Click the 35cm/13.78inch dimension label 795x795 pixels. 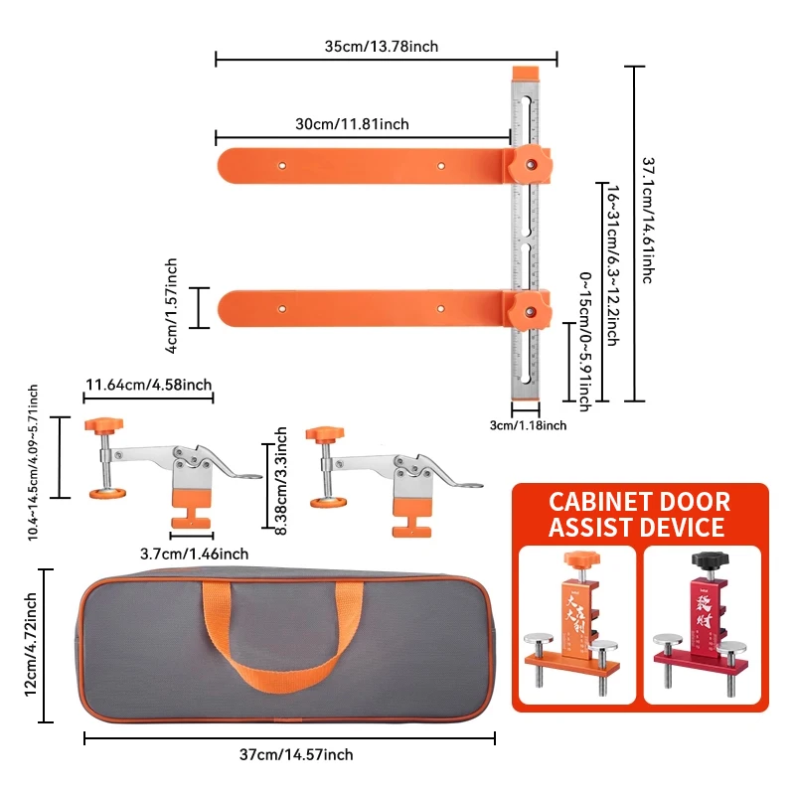(x=382, y=46)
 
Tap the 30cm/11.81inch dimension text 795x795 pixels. (x=352, y=124)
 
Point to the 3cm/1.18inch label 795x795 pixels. (x=529, y=425)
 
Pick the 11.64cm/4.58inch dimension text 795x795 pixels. (x=148, y=385)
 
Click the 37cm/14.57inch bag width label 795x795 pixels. (x=296, y=755)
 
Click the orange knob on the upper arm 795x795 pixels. (x=529, y=164)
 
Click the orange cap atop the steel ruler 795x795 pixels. (x=524, y=76)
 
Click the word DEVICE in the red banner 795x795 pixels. (x=684, y=527)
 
